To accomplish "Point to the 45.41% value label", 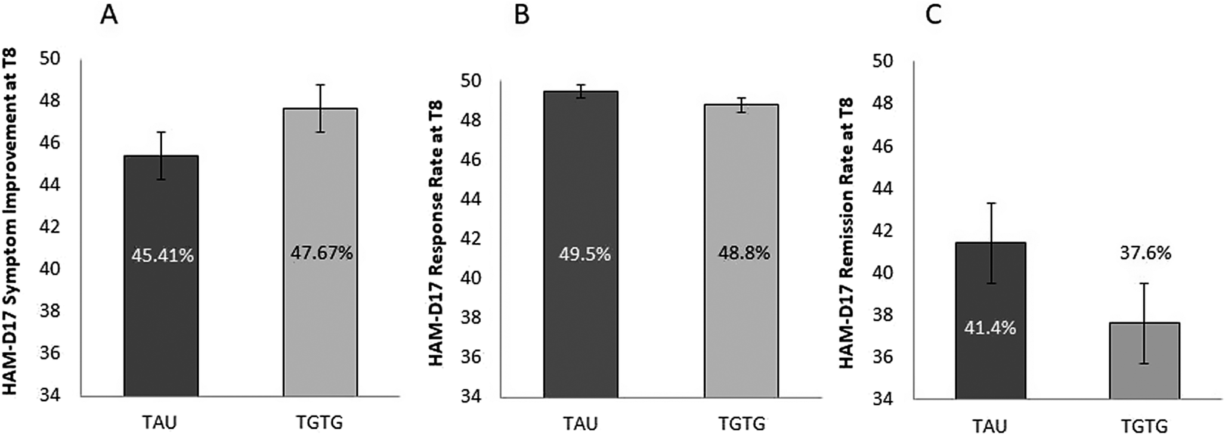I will click(162, 256).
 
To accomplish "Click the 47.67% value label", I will click(321, 253).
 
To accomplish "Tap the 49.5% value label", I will click(584, 255).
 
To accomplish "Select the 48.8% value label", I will click(744, 253).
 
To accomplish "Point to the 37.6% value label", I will click(1145, 253).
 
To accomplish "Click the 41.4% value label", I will click(990, 328).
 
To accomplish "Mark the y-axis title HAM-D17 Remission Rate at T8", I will click(847, 232).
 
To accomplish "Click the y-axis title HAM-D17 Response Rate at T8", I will click(435, 234).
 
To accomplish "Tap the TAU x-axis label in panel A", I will click(160, 422).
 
